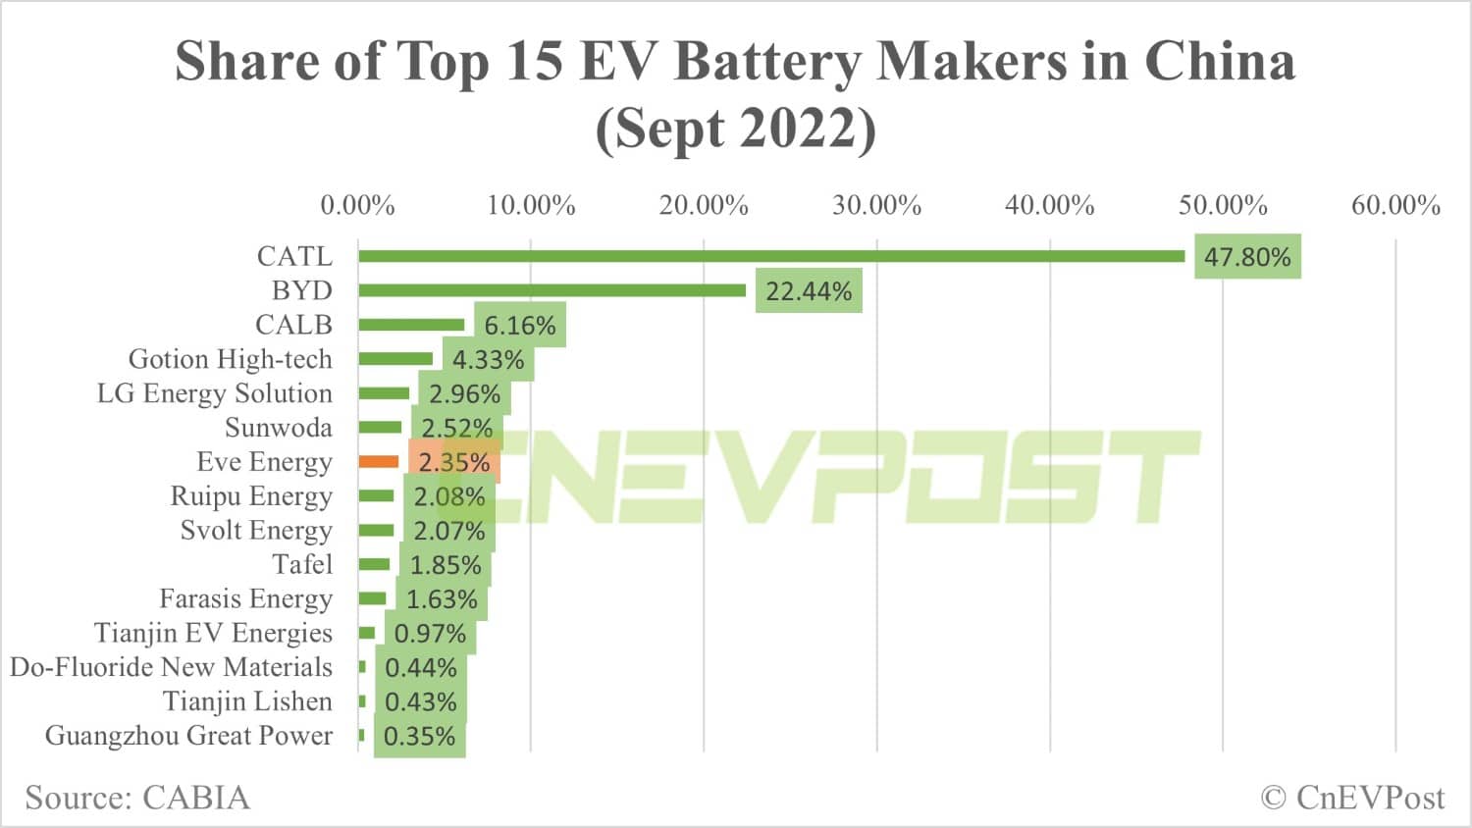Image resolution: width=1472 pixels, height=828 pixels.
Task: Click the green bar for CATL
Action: (771, 256)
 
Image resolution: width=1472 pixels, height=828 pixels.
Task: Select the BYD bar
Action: (552, 290)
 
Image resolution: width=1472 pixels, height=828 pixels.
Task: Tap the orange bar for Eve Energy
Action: (379, 461)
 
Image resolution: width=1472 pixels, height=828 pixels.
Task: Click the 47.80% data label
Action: (1247, 257)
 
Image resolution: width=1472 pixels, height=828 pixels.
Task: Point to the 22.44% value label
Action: (809, 291)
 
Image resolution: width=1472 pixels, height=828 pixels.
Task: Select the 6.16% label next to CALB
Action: (520, 326)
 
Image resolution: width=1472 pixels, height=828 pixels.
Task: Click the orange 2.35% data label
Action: (454, 462)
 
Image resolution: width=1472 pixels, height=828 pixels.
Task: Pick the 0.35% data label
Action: (420, 737)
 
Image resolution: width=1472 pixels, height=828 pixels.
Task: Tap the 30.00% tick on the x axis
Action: (876, 205)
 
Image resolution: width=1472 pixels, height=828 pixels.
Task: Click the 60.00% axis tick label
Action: (1395, 205)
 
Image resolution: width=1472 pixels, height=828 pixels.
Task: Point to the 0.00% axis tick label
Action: (358, 205)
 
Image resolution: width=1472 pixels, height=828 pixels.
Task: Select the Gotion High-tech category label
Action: (231, 359)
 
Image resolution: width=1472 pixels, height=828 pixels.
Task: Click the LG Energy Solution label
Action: (215, 393)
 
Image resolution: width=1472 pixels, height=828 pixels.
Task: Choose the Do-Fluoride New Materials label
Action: (172, 667)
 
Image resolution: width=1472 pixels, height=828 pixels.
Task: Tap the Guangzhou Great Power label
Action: (188, 736)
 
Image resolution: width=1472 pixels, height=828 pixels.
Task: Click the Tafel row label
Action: (302, 564)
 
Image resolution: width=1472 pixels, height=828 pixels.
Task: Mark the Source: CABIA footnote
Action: (137, 798)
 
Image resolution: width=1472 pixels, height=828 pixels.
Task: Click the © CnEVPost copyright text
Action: (1352, 798)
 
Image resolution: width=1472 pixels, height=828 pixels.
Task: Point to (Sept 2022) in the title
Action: (736, 129)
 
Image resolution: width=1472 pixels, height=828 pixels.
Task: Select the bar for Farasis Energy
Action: (373, 598)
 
